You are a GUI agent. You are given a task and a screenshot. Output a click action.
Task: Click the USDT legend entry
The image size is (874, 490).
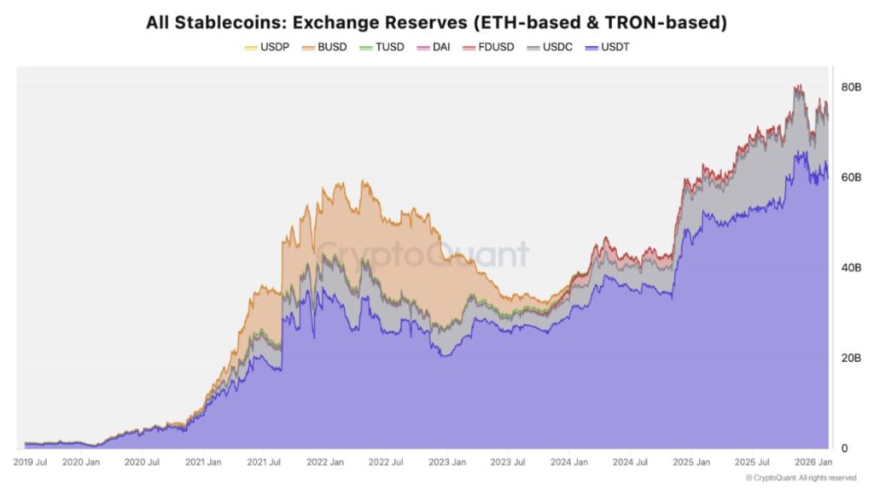(x=607, y=48)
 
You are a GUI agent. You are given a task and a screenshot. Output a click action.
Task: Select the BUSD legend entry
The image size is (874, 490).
(x=324, y=48)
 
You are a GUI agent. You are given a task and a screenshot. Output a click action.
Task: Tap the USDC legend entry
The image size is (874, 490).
(x=550, y=48)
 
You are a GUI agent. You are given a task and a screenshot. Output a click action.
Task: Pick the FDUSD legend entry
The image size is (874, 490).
(x=488, y=48)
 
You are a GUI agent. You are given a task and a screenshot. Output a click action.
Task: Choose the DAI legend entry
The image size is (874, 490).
(x=433, y=48)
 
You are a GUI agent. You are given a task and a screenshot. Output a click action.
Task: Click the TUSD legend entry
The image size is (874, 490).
(x=382, y=48)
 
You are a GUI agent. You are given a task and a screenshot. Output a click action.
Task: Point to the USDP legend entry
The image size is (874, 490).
(x=267, y=48)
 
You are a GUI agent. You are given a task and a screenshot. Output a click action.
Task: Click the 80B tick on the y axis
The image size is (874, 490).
(x=851, y=87)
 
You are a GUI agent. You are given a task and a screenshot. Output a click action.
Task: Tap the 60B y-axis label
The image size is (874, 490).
(x=851, y=178)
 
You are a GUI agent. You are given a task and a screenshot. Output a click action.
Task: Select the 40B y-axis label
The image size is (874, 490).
(x=851, y=267)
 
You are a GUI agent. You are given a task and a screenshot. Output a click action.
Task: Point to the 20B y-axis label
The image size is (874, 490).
(x=851, y=358)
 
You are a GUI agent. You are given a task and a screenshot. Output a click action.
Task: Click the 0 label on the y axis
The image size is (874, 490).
(x=844, y=448)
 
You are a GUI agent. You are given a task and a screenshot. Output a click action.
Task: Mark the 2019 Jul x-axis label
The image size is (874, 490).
(x=30, y=462)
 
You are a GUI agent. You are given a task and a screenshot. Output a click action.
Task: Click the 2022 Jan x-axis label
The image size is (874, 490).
(x=325, y=462)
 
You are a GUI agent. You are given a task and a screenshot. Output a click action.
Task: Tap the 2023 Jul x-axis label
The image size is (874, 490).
(x=508, y=462)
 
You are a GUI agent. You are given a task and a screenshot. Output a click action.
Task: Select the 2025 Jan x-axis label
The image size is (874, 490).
(x=691, y=462)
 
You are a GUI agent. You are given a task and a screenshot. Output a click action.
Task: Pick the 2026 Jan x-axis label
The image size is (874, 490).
(x=813, y=462)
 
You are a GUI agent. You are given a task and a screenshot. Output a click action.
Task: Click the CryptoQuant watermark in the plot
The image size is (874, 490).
(x=422, y=254)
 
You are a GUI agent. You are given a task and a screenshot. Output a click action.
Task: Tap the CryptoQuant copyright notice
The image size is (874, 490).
(x=801, y=478)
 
